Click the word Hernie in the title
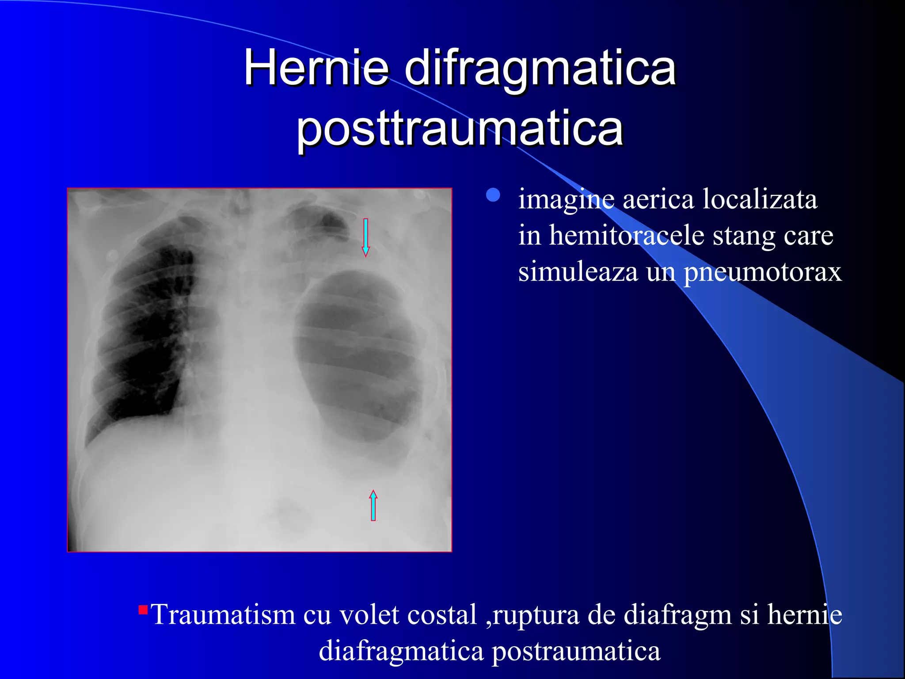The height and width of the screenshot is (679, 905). (316, 69)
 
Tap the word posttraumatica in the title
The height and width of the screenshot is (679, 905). (460, 129)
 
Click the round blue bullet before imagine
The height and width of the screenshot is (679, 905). (493, 195)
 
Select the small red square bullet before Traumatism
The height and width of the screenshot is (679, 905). (143, 610)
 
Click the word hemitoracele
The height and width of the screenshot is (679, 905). (627, 236)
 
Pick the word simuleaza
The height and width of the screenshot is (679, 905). (578, 272)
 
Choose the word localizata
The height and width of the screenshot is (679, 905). (760, 199)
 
